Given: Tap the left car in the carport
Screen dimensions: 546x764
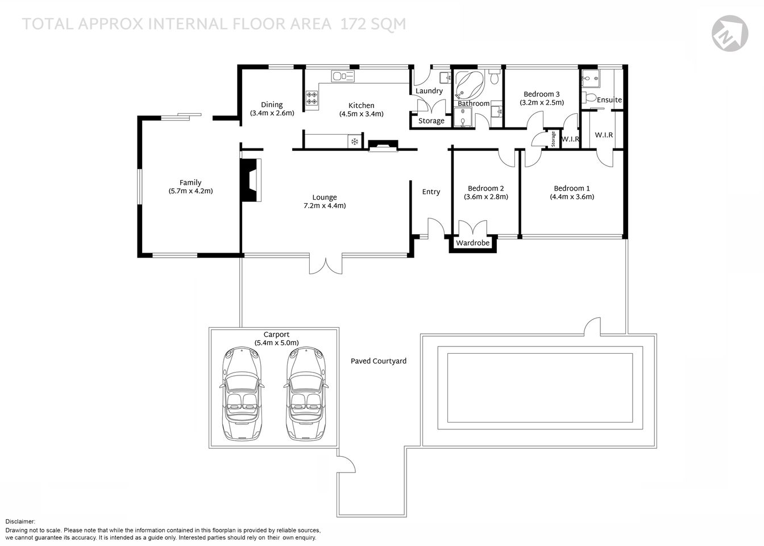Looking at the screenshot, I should point(241,394).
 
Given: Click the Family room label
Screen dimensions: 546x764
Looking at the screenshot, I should point(190,183).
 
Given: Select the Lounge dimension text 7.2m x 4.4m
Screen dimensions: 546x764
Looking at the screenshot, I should point(325,206).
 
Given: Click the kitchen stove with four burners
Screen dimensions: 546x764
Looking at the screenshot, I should point(312,98).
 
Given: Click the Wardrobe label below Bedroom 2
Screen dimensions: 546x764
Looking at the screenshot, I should point(473,243).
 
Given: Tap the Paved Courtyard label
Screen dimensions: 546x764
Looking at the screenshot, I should point(379,361).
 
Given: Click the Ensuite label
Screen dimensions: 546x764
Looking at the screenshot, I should point(609,100).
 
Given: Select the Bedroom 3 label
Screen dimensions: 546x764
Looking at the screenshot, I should point(542,94).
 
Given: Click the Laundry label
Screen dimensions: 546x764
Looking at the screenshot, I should point(429,91).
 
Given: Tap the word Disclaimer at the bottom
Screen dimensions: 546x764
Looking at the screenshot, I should point(20,522).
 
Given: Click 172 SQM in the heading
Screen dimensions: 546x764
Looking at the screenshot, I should point(373,24).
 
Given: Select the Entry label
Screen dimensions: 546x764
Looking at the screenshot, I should point(431,192).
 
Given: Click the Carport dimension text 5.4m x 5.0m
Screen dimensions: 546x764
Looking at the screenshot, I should point(277,343).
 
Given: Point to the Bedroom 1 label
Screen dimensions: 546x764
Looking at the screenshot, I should point(572,188).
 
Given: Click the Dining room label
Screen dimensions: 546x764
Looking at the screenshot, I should point(272,105).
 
